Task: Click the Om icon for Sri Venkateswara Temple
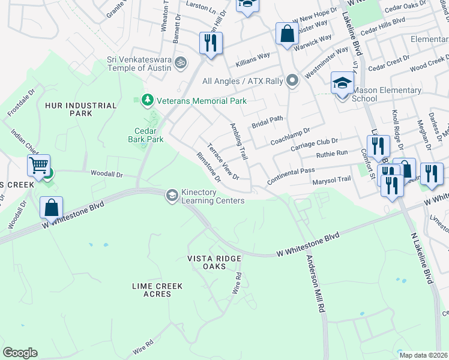[x=179, y=62]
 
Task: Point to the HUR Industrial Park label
[x=80, y=109]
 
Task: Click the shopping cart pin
[x=38, y=164]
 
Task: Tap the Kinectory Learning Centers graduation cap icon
[x=172, y=194]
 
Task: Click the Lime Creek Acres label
[x=157, y=290]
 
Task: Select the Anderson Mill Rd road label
[x=315, y=284]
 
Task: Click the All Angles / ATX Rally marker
[x=292, y=80]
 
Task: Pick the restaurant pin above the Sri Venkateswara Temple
[x=210, y=43]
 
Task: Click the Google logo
[x=20, y=353]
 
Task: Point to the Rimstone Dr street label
[x=209, y=167]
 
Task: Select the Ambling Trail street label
[x=239, y=141]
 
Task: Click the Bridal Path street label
[x=267, y=119]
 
